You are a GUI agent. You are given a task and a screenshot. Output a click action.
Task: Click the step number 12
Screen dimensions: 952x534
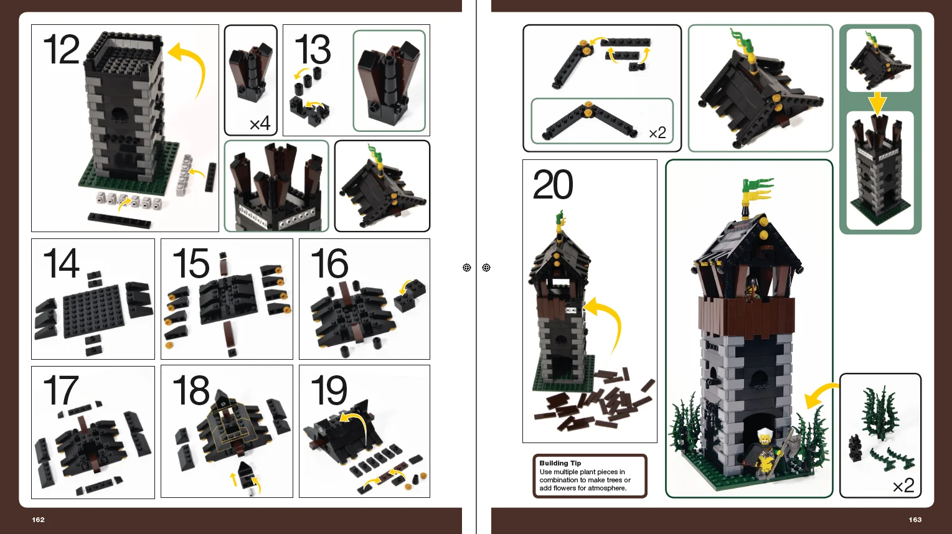pyautogui.click(x=61, y=49)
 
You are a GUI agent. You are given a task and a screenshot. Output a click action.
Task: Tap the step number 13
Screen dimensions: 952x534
pyautogui.click(x=313, y=50)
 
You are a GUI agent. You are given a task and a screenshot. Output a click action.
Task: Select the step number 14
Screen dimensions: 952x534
pyautogui.click(x=61, y=263)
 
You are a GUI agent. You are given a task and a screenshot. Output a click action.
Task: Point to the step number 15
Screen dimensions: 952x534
pyautogui.click(x=191, y=263)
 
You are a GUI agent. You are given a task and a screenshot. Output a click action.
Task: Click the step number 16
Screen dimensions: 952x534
pyautogui.click(x=329, y=263)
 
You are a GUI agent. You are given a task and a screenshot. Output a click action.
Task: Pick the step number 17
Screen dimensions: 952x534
pyautogui.click(x=61, y=390)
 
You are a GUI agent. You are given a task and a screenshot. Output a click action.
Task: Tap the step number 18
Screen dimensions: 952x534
pyautogui.click(x=191, y=390)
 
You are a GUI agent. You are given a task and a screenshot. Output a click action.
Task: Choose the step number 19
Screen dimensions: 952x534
pyautogui.click(x=329, y=390)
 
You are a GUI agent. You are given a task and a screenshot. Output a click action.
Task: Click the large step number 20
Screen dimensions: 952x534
pyautogui.click(x=553, y=184)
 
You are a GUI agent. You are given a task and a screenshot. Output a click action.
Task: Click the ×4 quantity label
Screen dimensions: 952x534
pyautogui.click(x=260, y=124)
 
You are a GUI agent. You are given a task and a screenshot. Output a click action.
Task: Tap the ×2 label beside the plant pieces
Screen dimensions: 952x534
pyautogui.click(x=903, y=485)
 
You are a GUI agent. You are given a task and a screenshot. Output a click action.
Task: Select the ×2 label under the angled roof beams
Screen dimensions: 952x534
pyautogui.click(x=657, y=133)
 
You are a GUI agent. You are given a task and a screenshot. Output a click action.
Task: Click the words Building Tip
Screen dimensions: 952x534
pyautogui.click(x=560, y=463)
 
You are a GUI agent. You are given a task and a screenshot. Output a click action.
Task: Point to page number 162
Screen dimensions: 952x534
pyautogui.click(x=38, y=520)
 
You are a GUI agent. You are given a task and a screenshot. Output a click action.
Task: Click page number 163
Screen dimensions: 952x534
pyautogui.click(x=915, y=520)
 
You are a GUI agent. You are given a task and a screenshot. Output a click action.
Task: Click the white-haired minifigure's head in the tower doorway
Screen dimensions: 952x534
pyautogui.click(x=765, y=436)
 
